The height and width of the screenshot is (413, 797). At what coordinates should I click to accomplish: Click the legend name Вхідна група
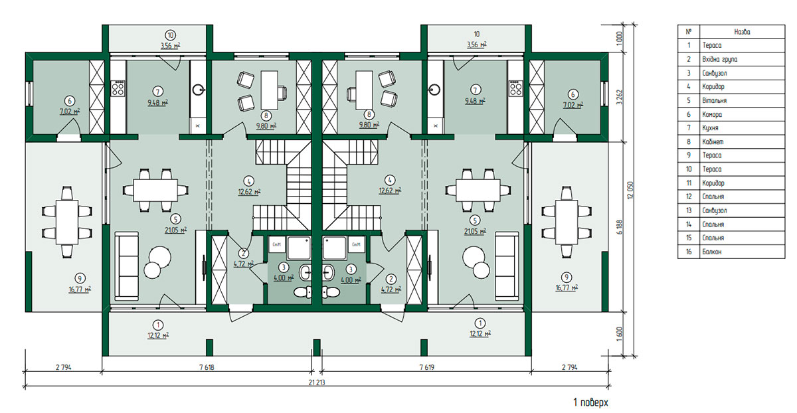[719, 59]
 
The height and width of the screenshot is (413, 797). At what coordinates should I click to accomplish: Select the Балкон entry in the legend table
[711, 252]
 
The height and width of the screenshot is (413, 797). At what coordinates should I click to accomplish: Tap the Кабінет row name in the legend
[713, 141]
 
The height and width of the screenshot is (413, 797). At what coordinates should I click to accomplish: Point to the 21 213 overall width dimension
[316, 382]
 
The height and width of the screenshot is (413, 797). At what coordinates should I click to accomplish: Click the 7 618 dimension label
[207, 367]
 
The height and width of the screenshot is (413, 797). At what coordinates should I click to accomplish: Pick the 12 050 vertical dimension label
[630, 191]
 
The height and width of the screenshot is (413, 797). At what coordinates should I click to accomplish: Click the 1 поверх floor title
[590, 402]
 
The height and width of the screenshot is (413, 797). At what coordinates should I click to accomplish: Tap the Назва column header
[743, 32]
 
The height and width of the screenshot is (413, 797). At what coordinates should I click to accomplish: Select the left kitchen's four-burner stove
[118, 88]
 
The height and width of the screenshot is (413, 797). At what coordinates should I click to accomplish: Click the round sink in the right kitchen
[434, 89]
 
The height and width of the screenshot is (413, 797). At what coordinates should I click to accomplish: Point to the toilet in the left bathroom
[303, 292]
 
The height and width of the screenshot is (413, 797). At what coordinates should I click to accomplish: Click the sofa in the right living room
[507, 266]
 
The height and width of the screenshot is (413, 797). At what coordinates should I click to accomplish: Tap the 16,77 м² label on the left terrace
[80, 289]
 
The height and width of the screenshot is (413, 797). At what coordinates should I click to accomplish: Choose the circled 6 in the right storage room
[573, 95]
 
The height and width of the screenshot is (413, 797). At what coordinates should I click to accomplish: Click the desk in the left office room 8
[270, 90]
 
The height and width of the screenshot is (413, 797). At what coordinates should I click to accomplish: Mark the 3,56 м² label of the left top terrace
[171, 46]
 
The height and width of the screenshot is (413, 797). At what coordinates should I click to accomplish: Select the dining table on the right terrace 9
[567, 222]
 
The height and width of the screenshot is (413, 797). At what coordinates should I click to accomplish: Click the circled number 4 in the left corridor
[248, 181]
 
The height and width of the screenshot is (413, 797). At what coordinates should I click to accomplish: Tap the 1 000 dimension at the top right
[619, 38]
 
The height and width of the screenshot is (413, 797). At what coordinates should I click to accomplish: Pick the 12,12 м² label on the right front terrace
[480, 334]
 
